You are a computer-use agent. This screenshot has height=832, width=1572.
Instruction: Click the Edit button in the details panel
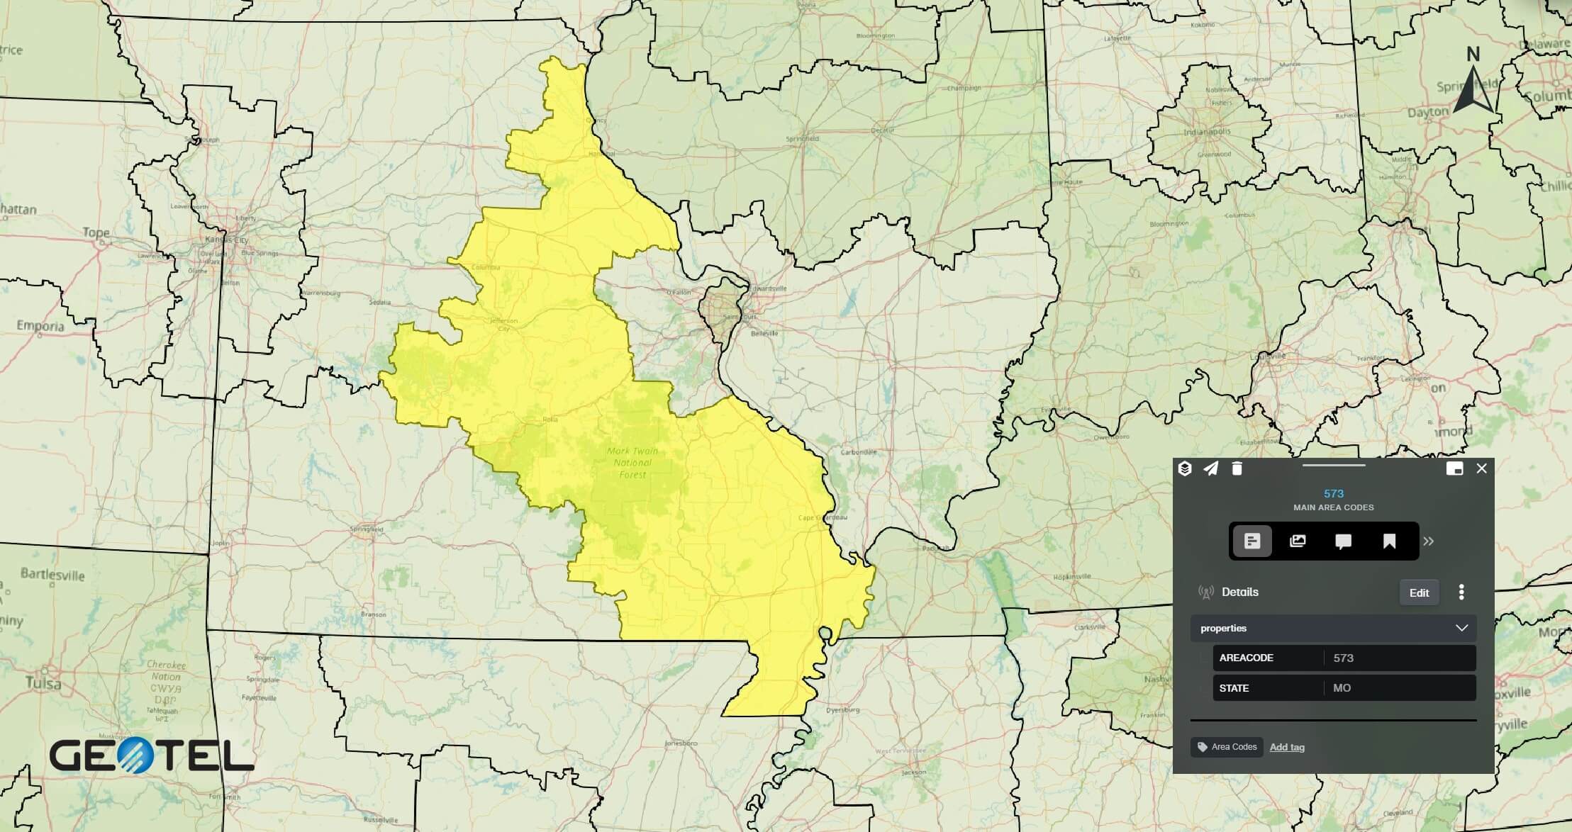click(x=1419, y=592)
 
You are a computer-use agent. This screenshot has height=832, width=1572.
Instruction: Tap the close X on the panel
click(x=1481, y=468)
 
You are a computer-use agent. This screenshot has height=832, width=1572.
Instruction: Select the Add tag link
click(x=1287, y=747)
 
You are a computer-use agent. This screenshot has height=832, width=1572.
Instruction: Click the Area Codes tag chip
click(x=1227, y=747)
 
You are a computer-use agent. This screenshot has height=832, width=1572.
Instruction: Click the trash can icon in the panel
click(x=1237, y=468)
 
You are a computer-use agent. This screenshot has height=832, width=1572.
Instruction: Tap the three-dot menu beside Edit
click(x=1461, y=592)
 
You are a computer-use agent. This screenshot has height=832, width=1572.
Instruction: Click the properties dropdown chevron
click(x=1461, y=628)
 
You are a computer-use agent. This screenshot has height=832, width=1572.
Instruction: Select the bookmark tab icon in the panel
click(x=1389, y=541)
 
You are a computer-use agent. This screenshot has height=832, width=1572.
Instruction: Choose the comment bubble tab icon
click(x=1343, y=541)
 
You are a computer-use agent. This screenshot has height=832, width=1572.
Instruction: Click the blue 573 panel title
click(x=1333, y=493)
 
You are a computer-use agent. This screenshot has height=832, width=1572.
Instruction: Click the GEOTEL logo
click(x=152, y=755)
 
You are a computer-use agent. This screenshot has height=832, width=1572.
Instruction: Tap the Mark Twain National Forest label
click(x=632, y=463)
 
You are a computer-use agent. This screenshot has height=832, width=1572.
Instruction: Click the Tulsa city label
click(x=43, y=684)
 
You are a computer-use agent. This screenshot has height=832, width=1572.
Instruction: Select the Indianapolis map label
click(x=1207, y=132)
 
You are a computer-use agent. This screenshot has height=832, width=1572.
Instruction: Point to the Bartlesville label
click(x=52, y=574)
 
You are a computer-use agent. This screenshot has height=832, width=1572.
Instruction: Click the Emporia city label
click(x=40, y=327)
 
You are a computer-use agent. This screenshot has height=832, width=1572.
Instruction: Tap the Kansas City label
click(x=227, y=240)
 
